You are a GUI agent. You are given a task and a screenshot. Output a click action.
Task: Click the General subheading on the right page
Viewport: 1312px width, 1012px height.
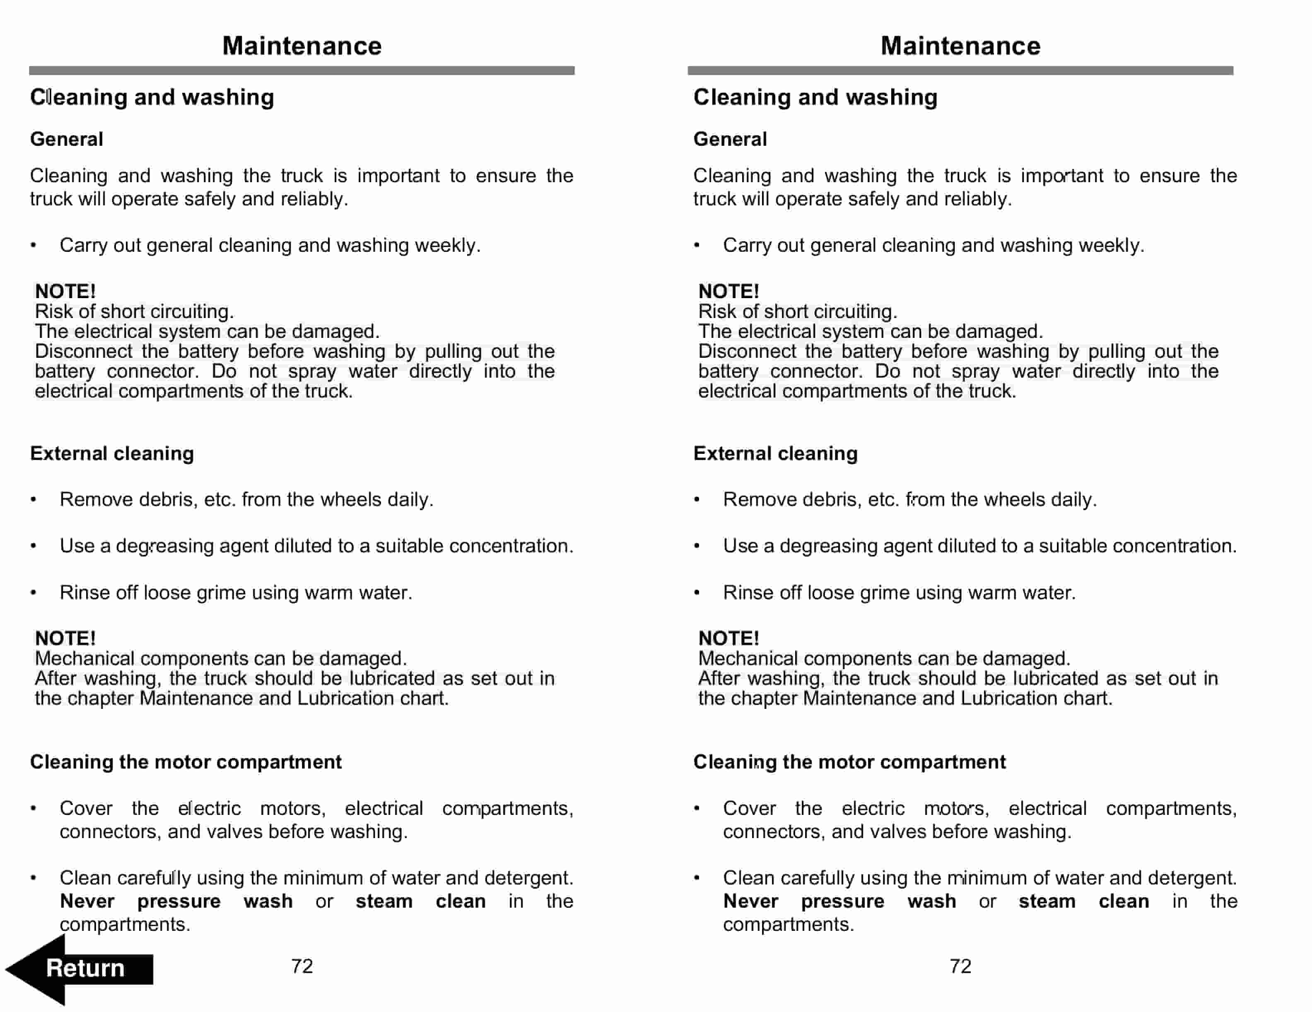pyautogui.click(x=730, y=140)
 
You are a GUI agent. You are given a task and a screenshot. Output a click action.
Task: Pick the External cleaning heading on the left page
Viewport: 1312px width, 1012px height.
pyautogui.click(x=112, y=453)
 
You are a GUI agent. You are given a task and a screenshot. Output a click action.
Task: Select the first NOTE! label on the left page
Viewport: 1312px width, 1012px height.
pyautogui.click(x=65, y=291)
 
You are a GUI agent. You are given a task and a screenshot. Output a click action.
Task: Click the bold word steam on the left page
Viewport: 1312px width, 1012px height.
pyautogui.click(x=384, y=901)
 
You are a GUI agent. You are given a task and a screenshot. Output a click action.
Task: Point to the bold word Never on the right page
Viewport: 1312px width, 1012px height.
pyautogui.click(x=750, y=901)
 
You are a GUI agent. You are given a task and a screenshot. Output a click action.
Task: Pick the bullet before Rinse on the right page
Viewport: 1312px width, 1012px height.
pyautogui.click(x=697, y=593)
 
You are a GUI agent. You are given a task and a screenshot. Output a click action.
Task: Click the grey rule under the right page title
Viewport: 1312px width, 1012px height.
pyautogui.click(x=960, y=71)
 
